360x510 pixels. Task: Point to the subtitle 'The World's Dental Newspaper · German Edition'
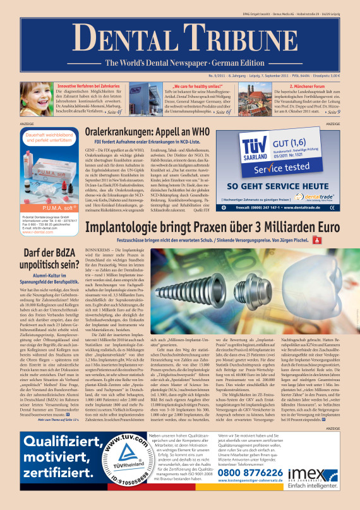click(181, 63)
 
